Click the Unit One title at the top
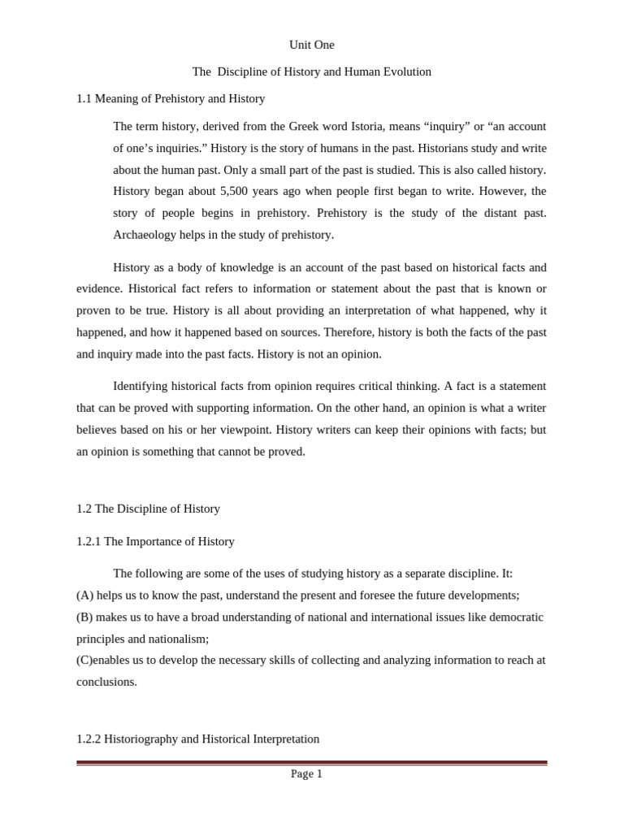[311, 45]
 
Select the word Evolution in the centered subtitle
[402, 71]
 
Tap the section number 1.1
[84, 98]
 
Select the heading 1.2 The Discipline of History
[148, 509]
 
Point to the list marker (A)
[85, 595]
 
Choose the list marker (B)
[85, 617]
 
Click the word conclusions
[106, 682]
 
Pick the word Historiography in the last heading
[142, 739]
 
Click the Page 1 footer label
[306, 773]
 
